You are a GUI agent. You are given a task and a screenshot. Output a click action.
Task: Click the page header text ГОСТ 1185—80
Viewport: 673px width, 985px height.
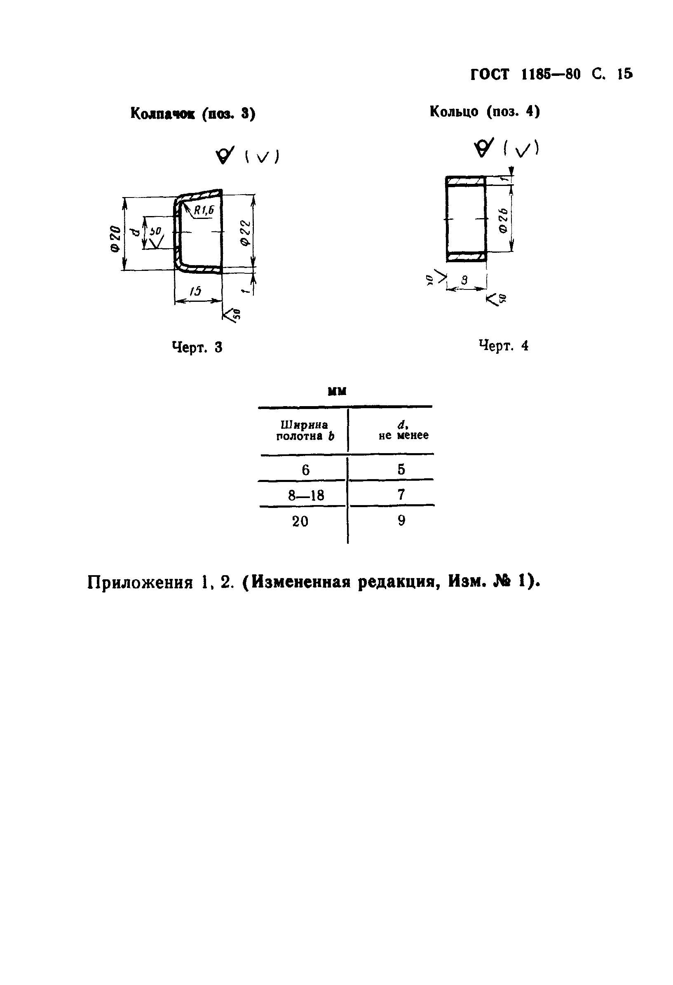[x=525, y=75]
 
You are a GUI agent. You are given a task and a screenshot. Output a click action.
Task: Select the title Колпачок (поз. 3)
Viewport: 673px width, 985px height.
[x=193, y=113]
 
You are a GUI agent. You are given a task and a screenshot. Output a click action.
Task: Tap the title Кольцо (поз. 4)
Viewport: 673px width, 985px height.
[x=485, y=111]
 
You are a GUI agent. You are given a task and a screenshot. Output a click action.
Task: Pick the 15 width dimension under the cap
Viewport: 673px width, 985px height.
[x=195, y=291]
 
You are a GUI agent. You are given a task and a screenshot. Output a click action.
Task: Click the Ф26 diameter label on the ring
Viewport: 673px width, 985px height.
[x=504, y=220]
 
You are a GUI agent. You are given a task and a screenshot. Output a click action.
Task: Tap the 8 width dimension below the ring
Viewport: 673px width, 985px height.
[x=464, y=280]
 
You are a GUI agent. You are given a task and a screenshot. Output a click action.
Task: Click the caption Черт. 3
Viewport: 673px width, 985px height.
[x=197, y=348]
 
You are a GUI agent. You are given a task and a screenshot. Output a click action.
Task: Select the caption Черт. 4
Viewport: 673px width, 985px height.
[x=504, y=346]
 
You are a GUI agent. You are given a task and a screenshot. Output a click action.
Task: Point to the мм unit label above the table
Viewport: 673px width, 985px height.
[x=337, y=391]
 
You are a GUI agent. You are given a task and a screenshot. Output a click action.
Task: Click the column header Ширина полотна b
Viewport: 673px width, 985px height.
[x=305, y=430]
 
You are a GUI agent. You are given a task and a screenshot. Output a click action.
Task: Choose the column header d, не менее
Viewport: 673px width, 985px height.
[x=403, y=430]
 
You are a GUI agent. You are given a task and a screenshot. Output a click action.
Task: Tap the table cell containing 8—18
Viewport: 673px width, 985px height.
[x=306, y=495]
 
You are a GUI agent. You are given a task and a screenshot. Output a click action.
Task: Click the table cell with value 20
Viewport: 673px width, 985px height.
[x=300, y=521]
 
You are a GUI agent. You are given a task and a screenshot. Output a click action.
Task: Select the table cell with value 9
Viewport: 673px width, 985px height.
[x=401, y=520]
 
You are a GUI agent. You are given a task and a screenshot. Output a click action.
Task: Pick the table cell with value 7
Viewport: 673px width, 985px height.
[x=401, y=494]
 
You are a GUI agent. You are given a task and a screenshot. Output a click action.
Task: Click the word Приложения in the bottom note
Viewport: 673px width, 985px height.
[x=140, y=583]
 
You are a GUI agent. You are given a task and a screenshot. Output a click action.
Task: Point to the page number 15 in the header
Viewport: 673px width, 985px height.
[x=625, y=74]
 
